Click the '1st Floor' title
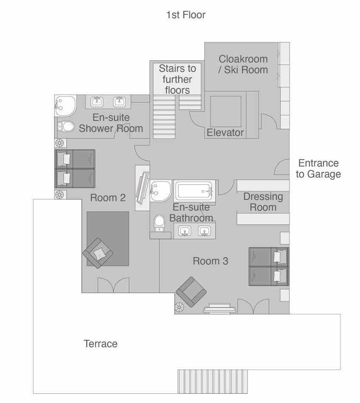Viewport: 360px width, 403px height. (186, 15)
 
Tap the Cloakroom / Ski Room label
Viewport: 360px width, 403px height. (243, 64)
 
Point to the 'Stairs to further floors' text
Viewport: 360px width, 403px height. (177, 79)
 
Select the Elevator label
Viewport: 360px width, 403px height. (225, 133)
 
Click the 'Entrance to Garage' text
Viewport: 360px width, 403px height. (318, 168)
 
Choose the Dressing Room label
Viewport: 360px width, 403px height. (263, 202)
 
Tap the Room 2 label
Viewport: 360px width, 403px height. (108, 198)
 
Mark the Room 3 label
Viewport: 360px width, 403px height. (211, 261)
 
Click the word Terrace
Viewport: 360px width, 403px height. (100, 344)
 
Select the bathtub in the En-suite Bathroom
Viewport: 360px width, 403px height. (194, 191)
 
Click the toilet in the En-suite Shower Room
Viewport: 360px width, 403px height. (66, 126)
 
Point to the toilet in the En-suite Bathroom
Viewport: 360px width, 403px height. (160, 222)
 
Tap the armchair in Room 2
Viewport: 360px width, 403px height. (98, 253)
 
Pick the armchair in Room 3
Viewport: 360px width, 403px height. (191, 292)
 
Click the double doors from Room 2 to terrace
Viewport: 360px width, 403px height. (113, 285)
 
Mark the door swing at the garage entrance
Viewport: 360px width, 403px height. (282, 168)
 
